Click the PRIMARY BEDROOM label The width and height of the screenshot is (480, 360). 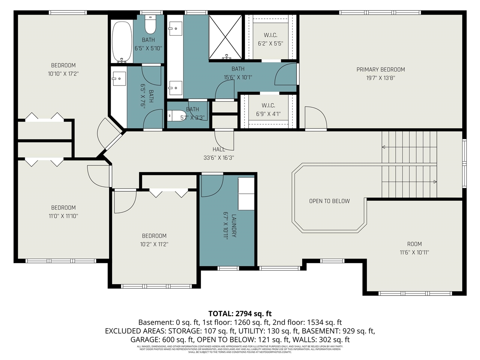[x=380, y=69]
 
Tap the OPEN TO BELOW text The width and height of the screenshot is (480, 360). [x=329, y=201]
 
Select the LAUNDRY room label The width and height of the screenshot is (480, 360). [x=234, y=226]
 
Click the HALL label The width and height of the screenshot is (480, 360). [x=219, y=149]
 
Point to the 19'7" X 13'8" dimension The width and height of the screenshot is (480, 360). [x=380, y=78]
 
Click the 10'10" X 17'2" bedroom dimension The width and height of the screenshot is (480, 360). [x=63, y=74]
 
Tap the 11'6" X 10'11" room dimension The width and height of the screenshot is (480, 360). [x=414, y=252]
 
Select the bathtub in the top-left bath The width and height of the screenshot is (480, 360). [x=122, y=41]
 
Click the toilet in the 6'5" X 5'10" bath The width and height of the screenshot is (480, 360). [x=150, y=24]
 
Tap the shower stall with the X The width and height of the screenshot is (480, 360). [x=225, y=37]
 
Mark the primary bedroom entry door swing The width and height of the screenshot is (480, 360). [x=315, y=118]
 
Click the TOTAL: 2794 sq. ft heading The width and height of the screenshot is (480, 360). [x=240, y=313]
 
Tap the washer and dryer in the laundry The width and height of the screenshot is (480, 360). [x=246, y=194]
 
